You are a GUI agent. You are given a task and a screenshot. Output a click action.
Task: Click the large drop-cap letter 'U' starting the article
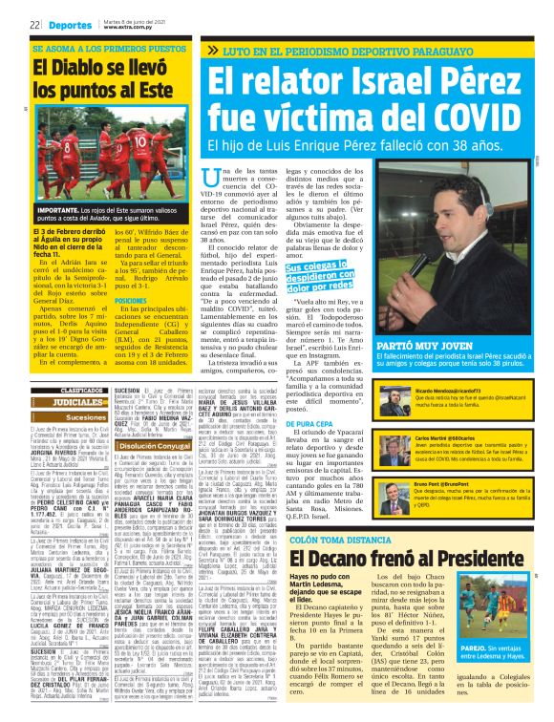(x=213, y=179)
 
